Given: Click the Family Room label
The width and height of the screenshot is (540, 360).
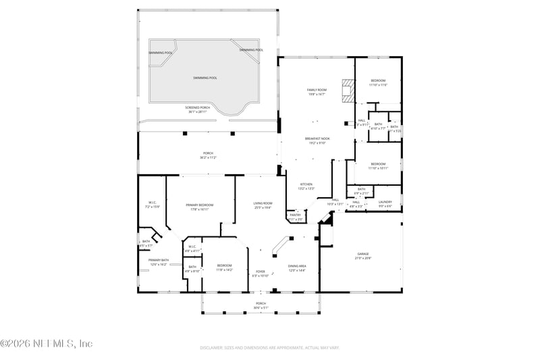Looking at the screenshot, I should (317, 90).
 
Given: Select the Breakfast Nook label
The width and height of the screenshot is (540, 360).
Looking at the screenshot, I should (315, 138).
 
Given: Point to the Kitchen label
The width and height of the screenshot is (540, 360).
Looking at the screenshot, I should (306, 184).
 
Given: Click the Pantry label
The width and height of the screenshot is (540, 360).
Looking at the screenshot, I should (296, 215).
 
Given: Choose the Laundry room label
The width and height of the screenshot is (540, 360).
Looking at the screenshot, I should (385, 201).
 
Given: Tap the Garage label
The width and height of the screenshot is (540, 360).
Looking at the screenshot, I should (363, 254).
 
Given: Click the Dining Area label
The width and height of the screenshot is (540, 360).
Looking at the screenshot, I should (297, 266).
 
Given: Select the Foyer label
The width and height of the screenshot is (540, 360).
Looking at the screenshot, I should (260, 272).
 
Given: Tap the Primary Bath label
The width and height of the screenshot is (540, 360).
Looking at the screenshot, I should (159, 260).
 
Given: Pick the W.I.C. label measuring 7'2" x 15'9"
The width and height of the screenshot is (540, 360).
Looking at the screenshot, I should (153, 207).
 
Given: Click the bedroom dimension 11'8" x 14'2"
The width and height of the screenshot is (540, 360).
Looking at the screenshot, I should (225, 270).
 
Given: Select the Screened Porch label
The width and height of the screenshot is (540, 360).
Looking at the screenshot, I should (199, 111).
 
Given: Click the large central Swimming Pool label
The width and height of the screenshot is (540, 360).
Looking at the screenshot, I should (205, 78).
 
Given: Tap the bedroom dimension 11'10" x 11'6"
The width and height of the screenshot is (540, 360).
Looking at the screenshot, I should (378, 85).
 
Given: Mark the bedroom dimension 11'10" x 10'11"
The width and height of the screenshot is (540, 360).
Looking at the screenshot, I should (378, 168).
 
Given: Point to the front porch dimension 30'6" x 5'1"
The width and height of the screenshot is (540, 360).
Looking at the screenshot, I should (261, 307).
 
